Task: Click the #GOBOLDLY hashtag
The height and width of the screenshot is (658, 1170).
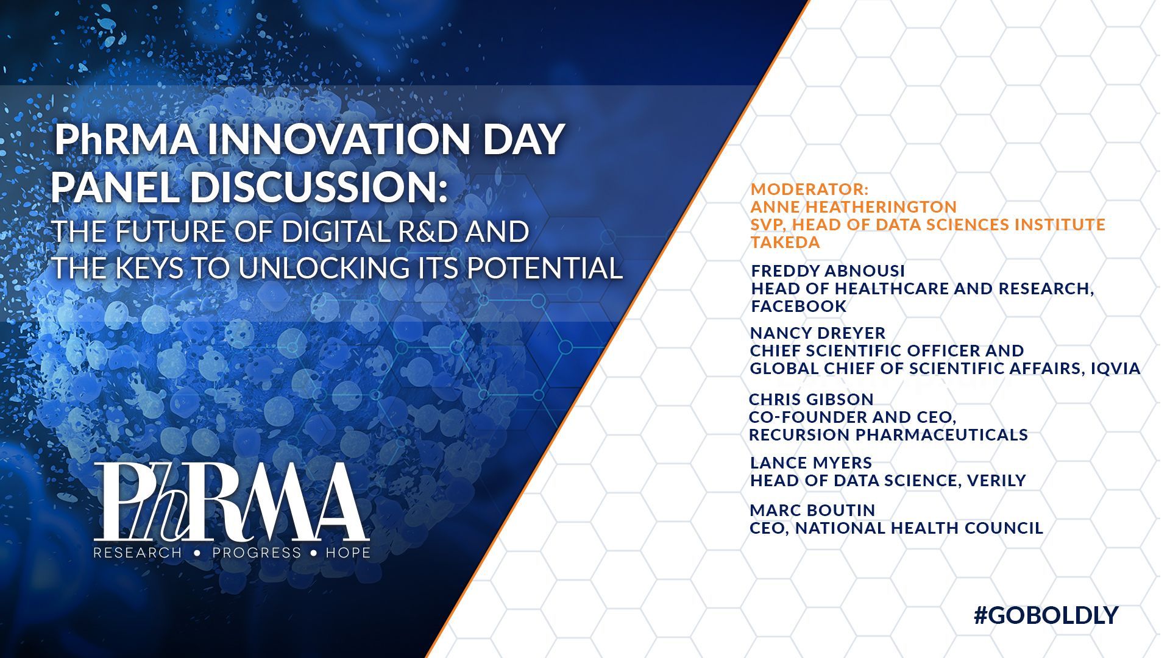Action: [x=1046, y=615]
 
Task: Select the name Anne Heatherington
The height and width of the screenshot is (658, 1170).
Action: [x=854, y=207]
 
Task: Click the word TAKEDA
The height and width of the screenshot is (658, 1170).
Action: [x=785, y=242]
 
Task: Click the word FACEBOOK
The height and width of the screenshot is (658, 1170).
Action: [x=799, y=306]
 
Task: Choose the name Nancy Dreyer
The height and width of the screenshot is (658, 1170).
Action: [x=818, y=333]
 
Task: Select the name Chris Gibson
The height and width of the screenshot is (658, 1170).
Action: [x=811, y=399]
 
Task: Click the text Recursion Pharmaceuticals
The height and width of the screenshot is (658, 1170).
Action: [x=888, y=434]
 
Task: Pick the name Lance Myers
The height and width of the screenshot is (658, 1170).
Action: [x=811, y=462]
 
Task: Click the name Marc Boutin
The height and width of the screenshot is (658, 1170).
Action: [x=812, y=510]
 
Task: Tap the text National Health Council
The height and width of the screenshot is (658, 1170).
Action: [x=920, y=528]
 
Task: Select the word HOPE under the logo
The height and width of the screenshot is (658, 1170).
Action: [x=348, y=553]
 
